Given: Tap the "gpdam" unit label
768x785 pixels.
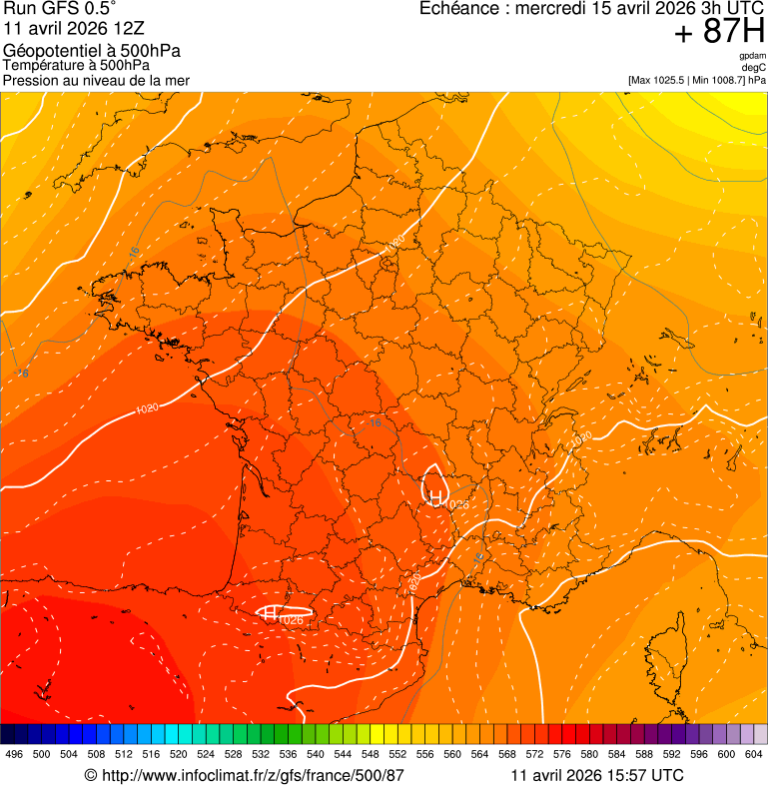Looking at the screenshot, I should pyautogui.click(x=752, y=56).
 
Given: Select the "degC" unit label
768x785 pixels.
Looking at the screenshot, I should pyautogui.click(x=754, y=67).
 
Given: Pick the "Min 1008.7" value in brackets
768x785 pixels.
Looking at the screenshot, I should pyautogui.click(x=719, y=79).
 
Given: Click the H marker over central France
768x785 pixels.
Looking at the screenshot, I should pyautogui.click(x=435, y=497).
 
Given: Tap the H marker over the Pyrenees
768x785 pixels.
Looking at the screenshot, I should pyautogui.click(x=270, y=613).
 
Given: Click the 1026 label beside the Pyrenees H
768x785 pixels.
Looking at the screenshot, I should pyautogui.click(x=292, y=620).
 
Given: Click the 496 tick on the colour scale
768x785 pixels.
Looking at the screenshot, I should pyautogui.click(x=14, y=754).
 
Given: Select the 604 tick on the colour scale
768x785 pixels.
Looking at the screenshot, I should pyautogui.click(x=754, y=754).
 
